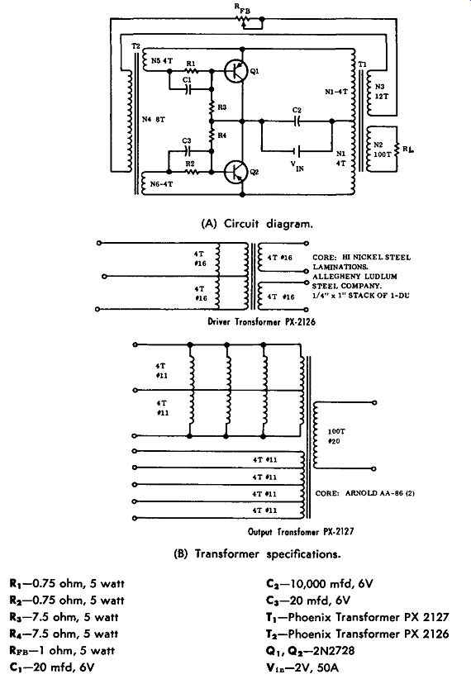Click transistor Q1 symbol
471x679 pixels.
point(236,70)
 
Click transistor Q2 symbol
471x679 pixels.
point(236,172)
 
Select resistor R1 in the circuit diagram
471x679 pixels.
point(191,70)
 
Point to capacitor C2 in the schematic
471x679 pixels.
point(297,121)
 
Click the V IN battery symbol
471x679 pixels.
point(297,151)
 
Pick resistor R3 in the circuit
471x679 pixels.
point(212,107)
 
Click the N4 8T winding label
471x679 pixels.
point(154,119)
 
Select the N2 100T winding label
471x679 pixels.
point(381,150)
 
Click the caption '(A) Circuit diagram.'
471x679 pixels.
point(257,224)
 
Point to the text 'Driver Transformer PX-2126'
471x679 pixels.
point(262,322)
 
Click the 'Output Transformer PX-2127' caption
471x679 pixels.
point(301,531)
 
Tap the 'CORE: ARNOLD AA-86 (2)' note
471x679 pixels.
point(365,493)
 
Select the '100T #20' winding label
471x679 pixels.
point(336,436)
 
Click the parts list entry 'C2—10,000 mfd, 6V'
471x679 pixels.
point(319,584)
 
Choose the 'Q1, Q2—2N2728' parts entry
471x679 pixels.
point(310,651)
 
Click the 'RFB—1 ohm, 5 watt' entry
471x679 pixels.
point(62,650)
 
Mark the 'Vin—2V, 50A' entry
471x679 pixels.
point(302,667)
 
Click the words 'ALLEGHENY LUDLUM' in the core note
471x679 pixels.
point(354,276)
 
